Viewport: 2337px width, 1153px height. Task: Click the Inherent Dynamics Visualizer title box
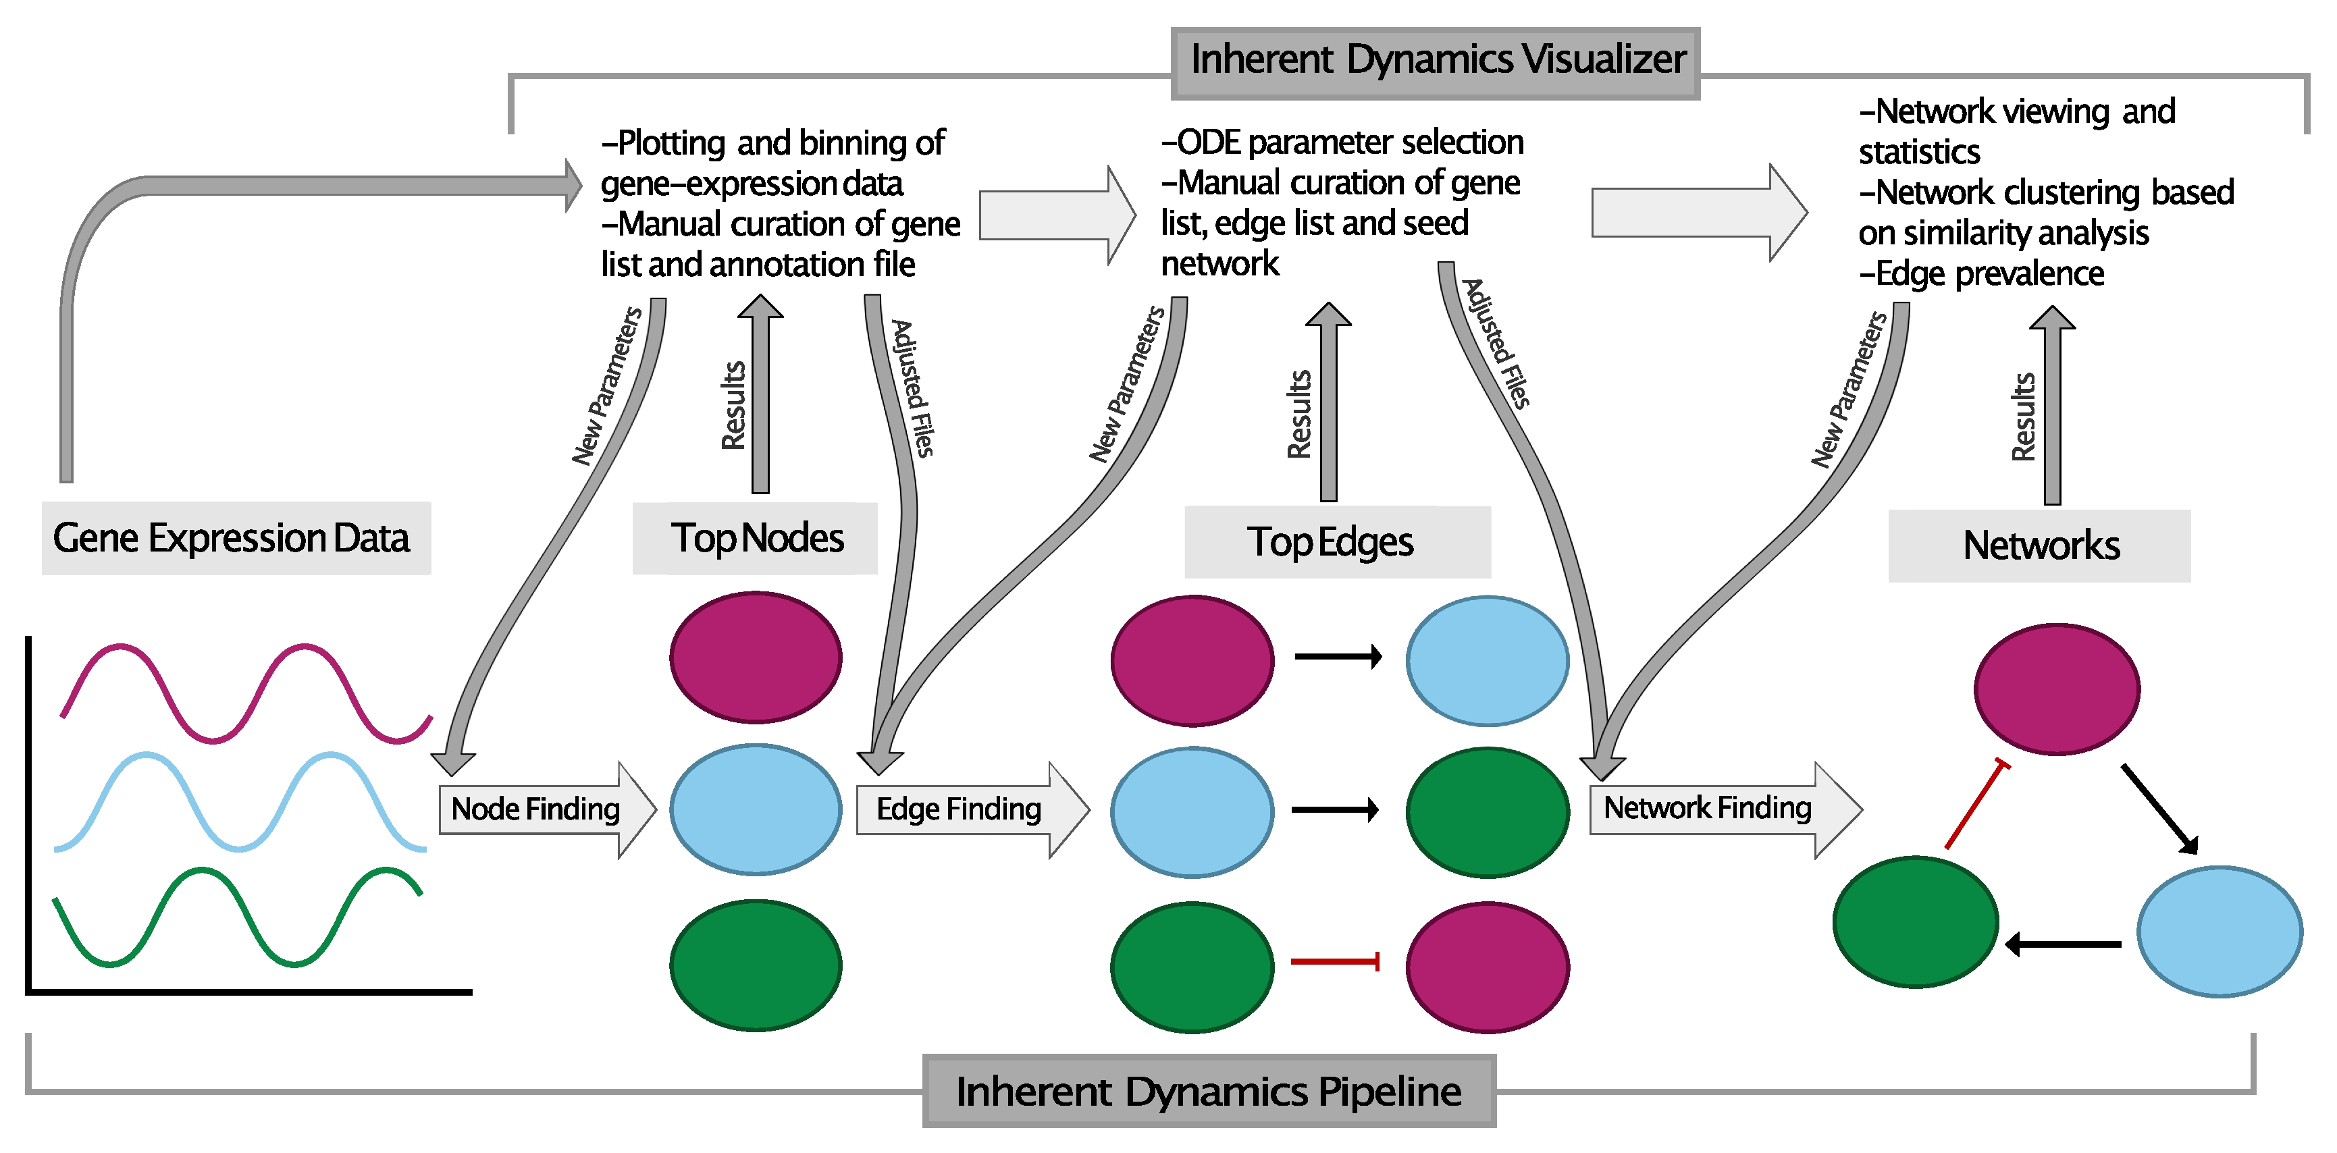click(x=1436, y=61)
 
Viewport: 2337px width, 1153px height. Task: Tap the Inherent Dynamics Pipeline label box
click(x=1209, y=1092)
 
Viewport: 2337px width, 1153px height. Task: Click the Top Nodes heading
click(x=756, y=538)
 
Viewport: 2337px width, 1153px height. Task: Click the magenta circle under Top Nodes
click(x=756, y=658)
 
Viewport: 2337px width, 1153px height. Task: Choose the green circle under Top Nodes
click(x=756, y=965)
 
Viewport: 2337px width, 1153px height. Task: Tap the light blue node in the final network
click(x=2219, y=932)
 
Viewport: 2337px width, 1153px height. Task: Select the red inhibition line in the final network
click(x=1976, y=805)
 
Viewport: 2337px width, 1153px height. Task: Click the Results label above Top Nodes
click(x=733, y=406)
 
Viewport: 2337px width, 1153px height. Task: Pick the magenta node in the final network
click(x=2057, y=689)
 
